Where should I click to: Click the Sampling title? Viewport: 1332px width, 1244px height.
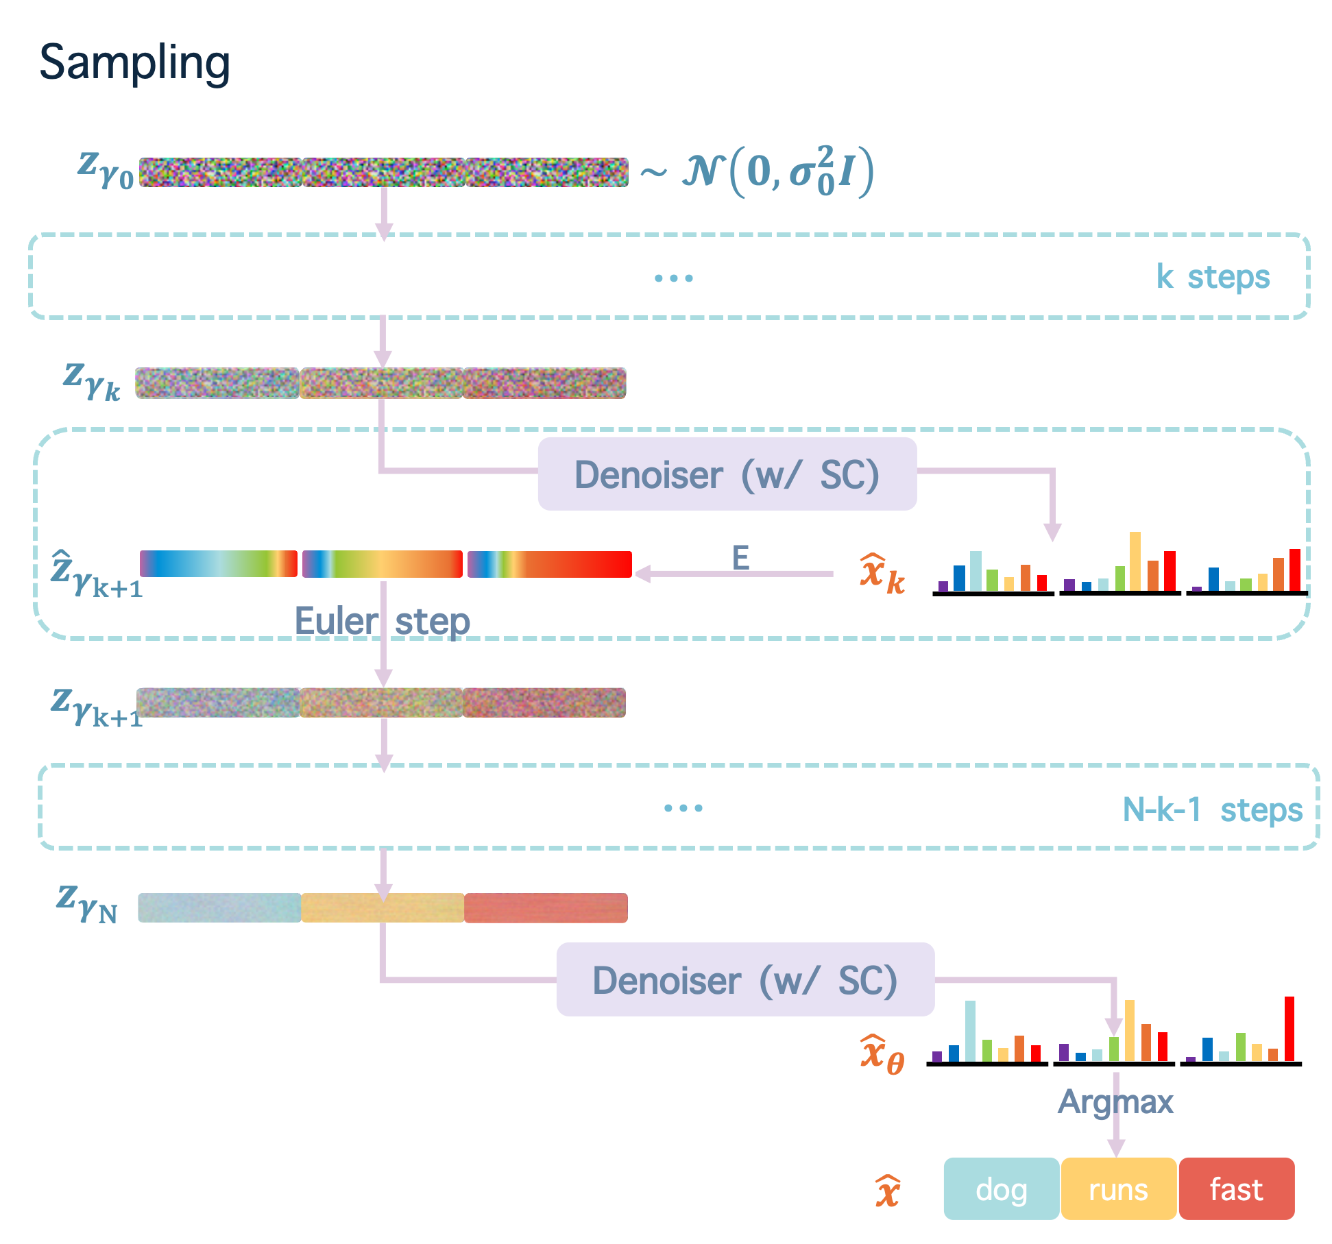(134, 63)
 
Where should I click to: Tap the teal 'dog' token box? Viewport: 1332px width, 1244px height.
(1001, 1189)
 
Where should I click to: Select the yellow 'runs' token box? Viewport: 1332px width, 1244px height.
(1118, 1189)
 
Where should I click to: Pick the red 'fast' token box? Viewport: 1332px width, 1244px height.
(1236, 1189)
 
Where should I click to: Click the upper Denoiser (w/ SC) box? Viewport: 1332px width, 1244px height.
(727, 474)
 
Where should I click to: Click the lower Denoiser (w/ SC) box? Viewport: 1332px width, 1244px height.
(745, 979)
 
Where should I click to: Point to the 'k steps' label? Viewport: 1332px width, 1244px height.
(1213, 277)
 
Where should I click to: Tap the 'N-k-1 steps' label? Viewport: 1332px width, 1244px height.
(1212, 809)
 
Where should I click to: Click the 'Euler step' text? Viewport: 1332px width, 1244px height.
(382, 622)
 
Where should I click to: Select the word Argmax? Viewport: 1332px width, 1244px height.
(1115, 1102)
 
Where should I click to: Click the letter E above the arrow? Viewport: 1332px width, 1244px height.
(740, 558)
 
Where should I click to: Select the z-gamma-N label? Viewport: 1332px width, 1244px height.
(87, 903)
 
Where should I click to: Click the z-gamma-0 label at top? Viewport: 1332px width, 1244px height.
(105, 169)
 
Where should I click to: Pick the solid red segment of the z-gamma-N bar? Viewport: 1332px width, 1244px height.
(546, 908)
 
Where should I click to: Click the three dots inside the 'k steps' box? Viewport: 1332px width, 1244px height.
(673, 278)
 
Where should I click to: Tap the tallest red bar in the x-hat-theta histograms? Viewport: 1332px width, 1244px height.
(1289, 1028)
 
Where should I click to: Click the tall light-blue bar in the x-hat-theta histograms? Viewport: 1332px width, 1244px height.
(970, 1031)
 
